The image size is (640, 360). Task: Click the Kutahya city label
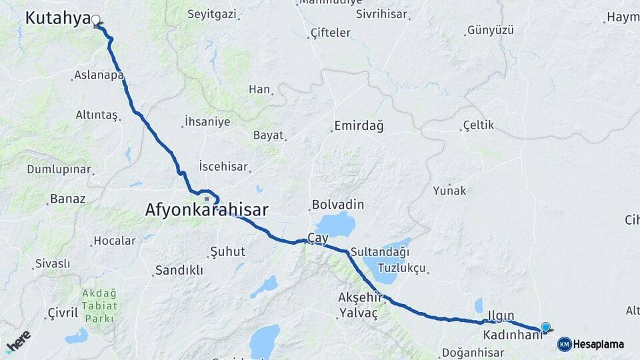point(57,18)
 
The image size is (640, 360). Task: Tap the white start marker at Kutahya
point(96,20)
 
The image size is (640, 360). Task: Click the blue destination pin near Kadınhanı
point(546,327)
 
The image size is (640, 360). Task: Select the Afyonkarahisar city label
point(207,211)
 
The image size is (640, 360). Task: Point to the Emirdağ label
point(359,126)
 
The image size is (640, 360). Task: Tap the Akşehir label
point(359,298)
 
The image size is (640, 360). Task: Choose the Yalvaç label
point(358,313)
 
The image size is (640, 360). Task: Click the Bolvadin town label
point(337,204)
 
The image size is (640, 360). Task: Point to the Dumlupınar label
point(59,169)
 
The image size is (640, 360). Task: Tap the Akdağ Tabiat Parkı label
point(100,306)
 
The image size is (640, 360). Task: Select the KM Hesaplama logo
point(591,344)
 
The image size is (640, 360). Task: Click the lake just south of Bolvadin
point(335,225)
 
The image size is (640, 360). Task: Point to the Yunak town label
point(449,191)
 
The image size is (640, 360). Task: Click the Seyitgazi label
point(211,14)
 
